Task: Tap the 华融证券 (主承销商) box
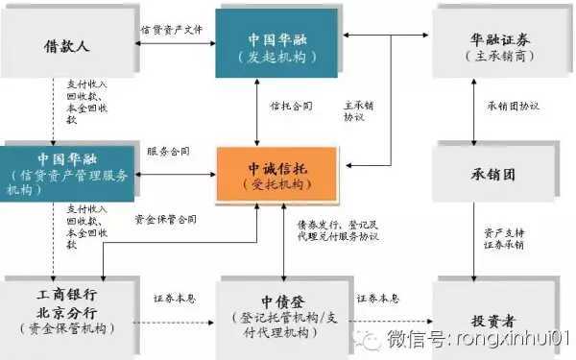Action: coord(490,44)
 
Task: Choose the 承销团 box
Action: coord(490,174)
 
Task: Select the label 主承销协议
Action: coord(354,110)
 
